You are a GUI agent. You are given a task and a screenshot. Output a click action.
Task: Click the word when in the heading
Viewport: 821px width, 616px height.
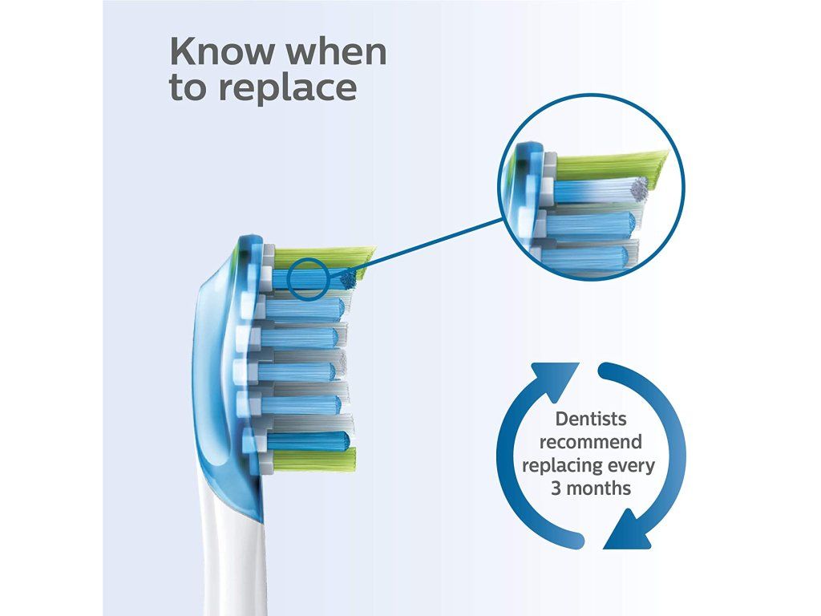[x=338, y=52]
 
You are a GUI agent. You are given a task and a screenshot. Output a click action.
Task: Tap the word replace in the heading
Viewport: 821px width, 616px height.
[x=288, y=89]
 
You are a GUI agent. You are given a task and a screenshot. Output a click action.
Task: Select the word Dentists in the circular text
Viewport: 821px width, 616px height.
[x=591, y=419]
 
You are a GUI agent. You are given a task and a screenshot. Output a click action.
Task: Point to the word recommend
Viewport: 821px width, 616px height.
[x=591, y=442]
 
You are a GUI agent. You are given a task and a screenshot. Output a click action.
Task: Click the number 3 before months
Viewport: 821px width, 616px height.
[x=556, y=488]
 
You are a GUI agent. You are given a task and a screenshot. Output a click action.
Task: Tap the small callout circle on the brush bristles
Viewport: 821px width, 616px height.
[x=309, y=279]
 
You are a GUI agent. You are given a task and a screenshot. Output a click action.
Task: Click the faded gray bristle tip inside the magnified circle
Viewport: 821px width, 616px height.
[x=639, y=188]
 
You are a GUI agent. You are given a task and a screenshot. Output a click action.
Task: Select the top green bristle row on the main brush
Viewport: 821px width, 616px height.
[x=324, y=257]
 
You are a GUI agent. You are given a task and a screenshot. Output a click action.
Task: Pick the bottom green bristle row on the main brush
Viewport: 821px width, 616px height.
[x=313, y=460]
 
